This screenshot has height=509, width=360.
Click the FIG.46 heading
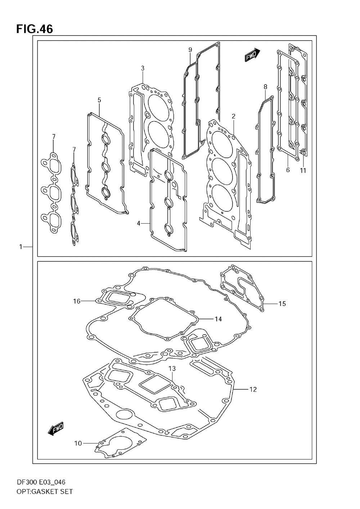[34, 29]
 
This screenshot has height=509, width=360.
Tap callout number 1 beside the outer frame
[21, 247]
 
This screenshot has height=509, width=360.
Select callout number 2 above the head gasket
[233, 116]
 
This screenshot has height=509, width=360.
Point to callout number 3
[143, 68]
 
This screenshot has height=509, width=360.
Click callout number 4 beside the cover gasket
[138, 224]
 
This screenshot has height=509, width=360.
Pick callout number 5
[99, 100]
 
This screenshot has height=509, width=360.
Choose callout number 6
[288, 170]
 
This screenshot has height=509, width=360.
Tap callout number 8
[265, 87]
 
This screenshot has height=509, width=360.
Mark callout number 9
[190, 50]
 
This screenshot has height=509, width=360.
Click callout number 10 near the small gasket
[78, 443]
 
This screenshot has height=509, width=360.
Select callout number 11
[303, 170]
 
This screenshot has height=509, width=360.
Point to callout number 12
[253, 389]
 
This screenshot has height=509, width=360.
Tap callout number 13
[172, 368]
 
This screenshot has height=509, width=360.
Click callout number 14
[218, 319]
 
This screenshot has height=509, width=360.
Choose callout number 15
[282, 304]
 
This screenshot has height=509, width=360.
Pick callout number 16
[77, 301]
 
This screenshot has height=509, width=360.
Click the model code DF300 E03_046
[40, 482]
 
